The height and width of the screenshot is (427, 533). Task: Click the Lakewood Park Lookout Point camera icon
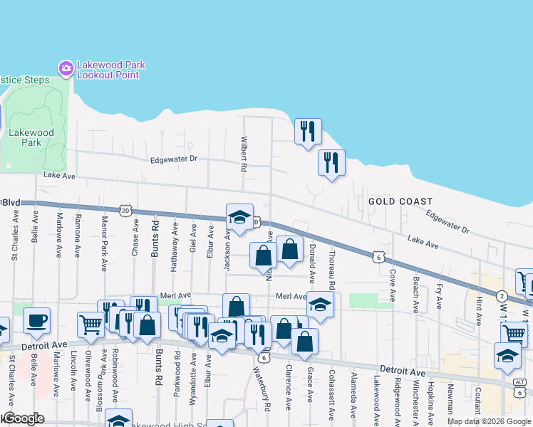(x=66, y=68)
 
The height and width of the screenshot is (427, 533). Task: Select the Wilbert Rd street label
(x=244, y=154)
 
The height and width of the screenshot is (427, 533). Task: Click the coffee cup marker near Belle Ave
(x=36, y=321)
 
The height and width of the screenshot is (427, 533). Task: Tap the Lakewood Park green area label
(x=31, y=137)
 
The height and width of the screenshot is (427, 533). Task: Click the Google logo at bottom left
(x=23, y=418)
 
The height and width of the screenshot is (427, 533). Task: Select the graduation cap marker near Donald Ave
(x=321, y=305)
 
